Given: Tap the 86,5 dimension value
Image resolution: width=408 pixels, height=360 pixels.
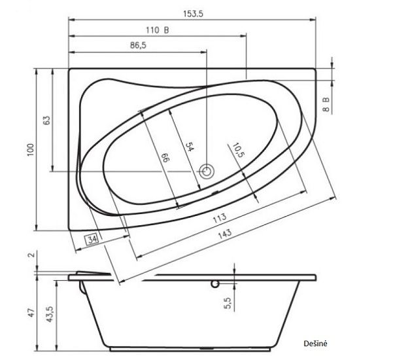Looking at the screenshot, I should pyautogui.click(x=138, y=46).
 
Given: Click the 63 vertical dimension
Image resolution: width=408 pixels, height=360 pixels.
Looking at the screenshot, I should pyautogui.click(x=46, y=120).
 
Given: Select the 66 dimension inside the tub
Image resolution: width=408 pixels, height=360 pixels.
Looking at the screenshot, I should pyautogui.click(x=165, y=157).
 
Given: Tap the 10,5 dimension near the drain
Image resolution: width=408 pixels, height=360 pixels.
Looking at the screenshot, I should pyautogui.click(x=237, y=152).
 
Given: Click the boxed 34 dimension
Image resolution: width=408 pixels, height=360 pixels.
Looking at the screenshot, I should pyautogui.click(x=92, y=239).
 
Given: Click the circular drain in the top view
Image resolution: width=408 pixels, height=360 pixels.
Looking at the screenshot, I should pyautogui.click(x=207, y=172).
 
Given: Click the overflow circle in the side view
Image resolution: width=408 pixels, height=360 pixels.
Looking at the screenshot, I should pyautogui.click(x=214, y=284).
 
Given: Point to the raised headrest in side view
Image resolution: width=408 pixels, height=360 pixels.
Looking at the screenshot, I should pyautogui.click(x=92, y=273).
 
